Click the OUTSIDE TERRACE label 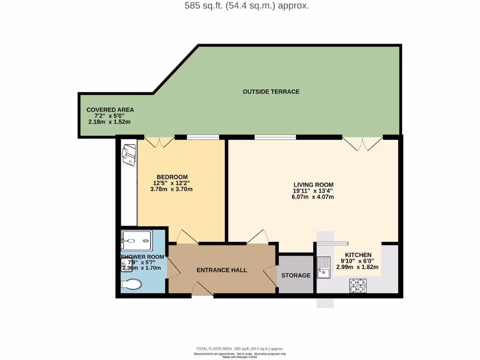pyautogui.click(x=271, y=91)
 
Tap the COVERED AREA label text pyautogui.click(x=110, y=110)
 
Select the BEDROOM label pyautogui.click(x=172, y=177)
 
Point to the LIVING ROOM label pyautogui.click(x=314, y=185)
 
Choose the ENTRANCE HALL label pyautogui.click(x=222, y=270)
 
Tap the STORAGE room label pyautogui.click(x=296, y=275)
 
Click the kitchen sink pyautogui.click(x=324, y=266)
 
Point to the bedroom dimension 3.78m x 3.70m pyautogui.click(x=171, y=189)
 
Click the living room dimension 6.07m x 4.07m pyautogui.click(x=313, y=197)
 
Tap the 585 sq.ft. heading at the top pyautogui.click(x=240, y=6)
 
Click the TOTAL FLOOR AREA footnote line pyautogui.click(x=240, y=348)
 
